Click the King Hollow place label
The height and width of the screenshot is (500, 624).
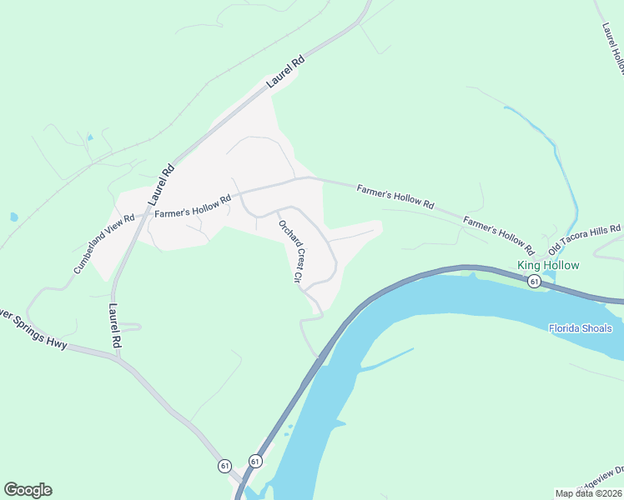click(x=548, y=266)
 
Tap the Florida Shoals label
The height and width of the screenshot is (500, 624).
click(x=580, y=328)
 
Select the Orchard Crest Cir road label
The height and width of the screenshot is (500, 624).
click(x=291, y=251)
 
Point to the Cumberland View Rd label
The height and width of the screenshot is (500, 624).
click(x=103, y=244)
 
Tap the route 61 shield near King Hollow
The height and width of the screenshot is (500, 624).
click(x=534, y=282)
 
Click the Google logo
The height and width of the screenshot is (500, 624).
click(x=28, y=490)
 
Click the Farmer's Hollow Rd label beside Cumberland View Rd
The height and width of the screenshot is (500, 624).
click(x=192, y=207)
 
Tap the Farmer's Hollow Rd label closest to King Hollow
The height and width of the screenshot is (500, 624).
click(x=498, y=235)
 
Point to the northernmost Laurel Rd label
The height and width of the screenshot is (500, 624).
click(x=286, y=72)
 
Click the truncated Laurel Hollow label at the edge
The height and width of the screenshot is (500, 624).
click(x=612, y=42)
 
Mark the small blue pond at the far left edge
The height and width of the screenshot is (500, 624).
click(x=14, y=217)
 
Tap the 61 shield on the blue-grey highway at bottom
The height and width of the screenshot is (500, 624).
click(x=254, y=461)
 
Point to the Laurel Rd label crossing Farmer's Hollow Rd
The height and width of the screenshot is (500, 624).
click(x=162, y=185)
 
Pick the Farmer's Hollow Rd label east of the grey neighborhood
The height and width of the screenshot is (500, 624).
click(x=395, y=197)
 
